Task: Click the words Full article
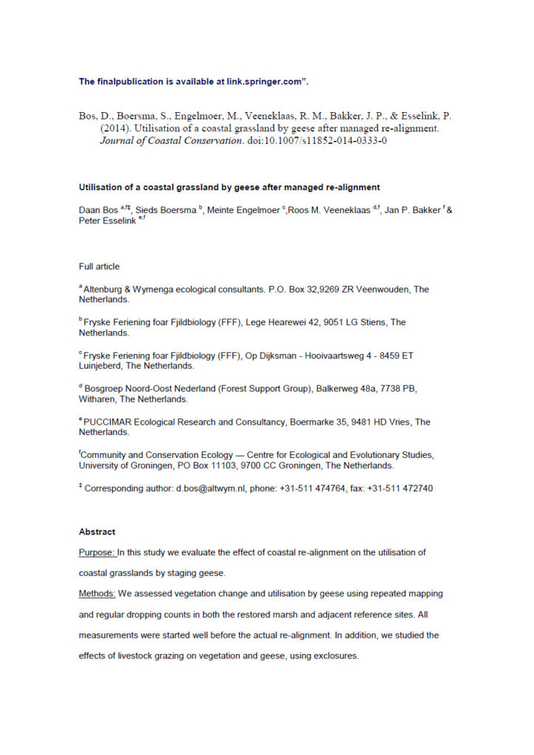coord(99,266)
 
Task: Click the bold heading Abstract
coord(97,532)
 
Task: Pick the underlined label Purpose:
coord(97,552)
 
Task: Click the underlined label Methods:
coord(98,594)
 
